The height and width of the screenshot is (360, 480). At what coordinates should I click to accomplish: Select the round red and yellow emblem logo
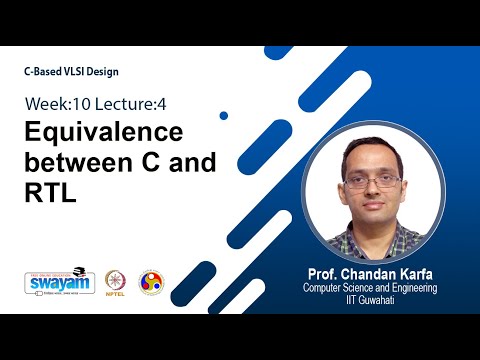151,281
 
